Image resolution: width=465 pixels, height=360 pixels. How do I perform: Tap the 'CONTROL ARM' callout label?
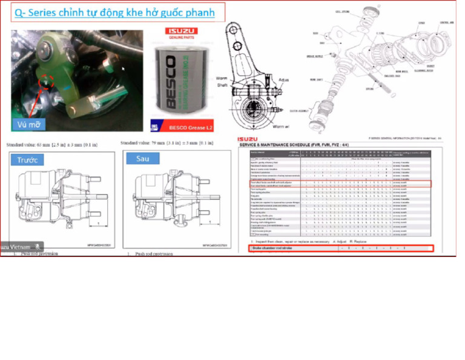pos(446,23)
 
